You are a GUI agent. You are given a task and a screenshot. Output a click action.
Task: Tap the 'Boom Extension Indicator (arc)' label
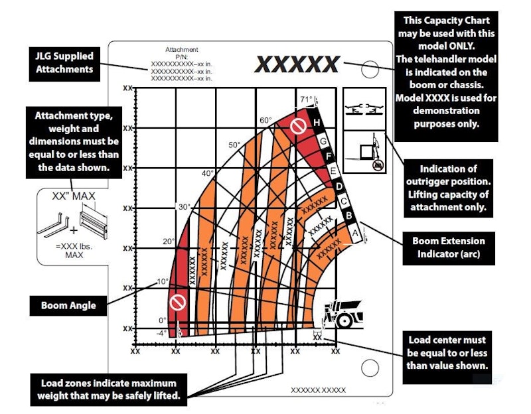pyautogui.click(x=449, y=247)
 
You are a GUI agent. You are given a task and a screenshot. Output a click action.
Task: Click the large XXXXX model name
pyautogui.click(x=297, y=64)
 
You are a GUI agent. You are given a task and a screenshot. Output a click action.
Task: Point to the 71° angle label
pyautogui.click(x=305, y=100)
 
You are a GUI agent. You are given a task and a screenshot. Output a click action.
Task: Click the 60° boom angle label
pyautogui.click(x=265, y=121)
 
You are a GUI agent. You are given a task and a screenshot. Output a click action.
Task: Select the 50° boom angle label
pyautogui.click(x=234, y=145)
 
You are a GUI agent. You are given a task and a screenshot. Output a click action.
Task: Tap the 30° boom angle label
pyautogui.click(x=184, y=207)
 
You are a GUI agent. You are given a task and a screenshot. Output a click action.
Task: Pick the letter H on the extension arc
pyautogui.click(x=317, y=123)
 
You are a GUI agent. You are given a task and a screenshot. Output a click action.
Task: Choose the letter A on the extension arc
pyautogui.click(x=355, y=233)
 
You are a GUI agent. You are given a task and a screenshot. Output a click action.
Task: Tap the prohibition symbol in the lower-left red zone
pyautogui.click(x=177, y=303)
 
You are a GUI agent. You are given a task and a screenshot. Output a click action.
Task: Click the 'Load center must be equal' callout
pyautogui.click(x=447, y=352)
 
